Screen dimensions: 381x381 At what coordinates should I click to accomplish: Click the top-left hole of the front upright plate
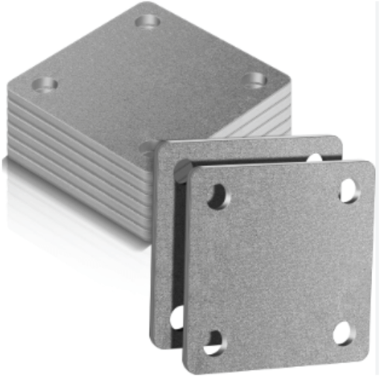click(x=218, y=196)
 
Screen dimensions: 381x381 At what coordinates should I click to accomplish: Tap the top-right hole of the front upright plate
click(x=348, y=190)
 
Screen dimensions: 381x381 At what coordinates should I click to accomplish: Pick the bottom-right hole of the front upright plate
click(x=343, y=332)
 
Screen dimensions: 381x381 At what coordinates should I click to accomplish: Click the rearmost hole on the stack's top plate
click(x=149, y=20)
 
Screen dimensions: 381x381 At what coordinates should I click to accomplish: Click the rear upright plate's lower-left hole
click(x=177, y=318)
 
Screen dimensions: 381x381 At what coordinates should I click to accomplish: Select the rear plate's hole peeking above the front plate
click(x=316, y=158)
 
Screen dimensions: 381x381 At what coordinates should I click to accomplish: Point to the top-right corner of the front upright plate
click(x=370, y=164)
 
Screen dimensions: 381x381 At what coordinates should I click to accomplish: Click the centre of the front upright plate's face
click(x=279, y=264)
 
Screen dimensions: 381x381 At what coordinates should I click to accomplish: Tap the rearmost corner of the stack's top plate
click(x=153, y=4)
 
